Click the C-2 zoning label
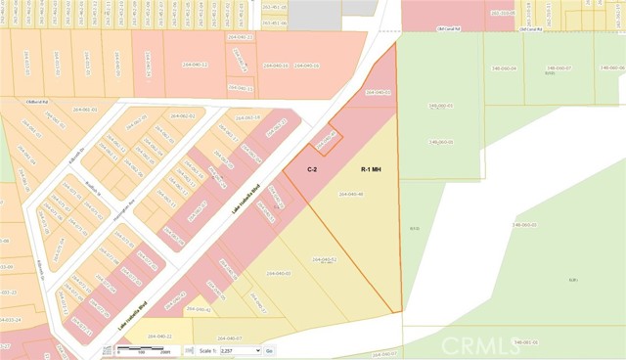point(311,169)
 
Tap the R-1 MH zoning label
point(371,169)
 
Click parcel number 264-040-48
point(351,194)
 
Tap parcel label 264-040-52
point(325,259)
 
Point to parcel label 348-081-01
point(525,342)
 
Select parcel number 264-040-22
point(159,337)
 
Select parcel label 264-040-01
point(379,92)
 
